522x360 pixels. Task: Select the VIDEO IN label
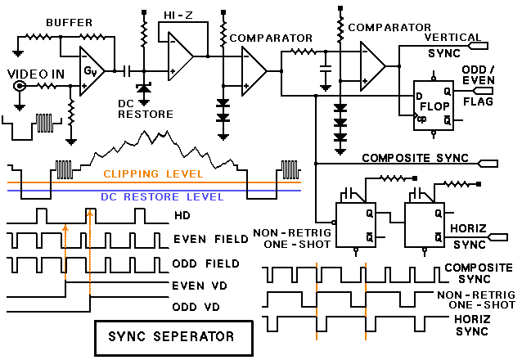(34, 73)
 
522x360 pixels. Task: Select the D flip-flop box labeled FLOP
(434, 105)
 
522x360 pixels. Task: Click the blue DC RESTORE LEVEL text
(162, 196)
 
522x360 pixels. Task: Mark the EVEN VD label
(197, 286)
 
